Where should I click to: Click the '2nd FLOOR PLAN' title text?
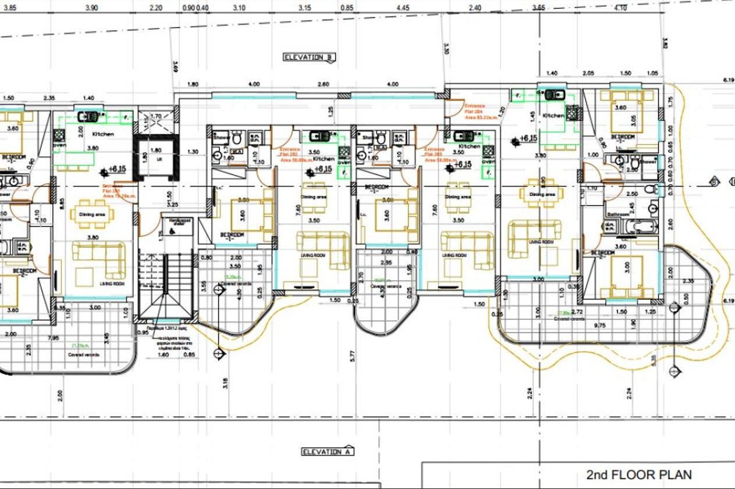[x=639, y=474]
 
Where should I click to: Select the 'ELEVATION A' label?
[x=328, y=452]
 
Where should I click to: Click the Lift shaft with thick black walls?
[x=156, y=157]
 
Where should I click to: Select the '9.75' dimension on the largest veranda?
[x=599, y=326]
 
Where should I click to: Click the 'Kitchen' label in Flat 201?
[x=103, y=134]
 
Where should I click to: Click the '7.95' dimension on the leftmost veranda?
[x=54, y=338]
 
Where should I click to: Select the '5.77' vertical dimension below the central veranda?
[x=353, y=357]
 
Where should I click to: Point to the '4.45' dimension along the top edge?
[x=403, y=8]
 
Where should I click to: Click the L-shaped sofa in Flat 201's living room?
[x=99, y=259]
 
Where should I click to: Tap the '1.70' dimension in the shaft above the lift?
[x=156, y=116]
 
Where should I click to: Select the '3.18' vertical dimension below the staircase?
[x=225, y=383]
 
